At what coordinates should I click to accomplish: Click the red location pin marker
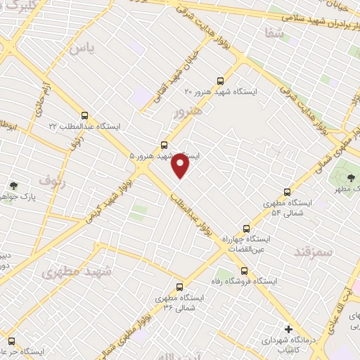181,166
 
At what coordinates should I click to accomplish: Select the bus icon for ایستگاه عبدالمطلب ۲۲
85,115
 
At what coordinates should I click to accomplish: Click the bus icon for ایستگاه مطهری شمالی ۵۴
287,191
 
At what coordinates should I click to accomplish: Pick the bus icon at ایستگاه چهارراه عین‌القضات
246,228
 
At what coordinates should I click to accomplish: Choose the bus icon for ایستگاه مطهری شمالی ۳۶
179,287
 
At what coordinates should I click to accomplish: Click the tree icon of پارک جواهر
13,186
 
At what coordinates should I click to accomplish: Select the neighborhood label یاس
82,48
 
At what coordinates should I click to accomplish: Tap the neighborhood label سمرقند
314,251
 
